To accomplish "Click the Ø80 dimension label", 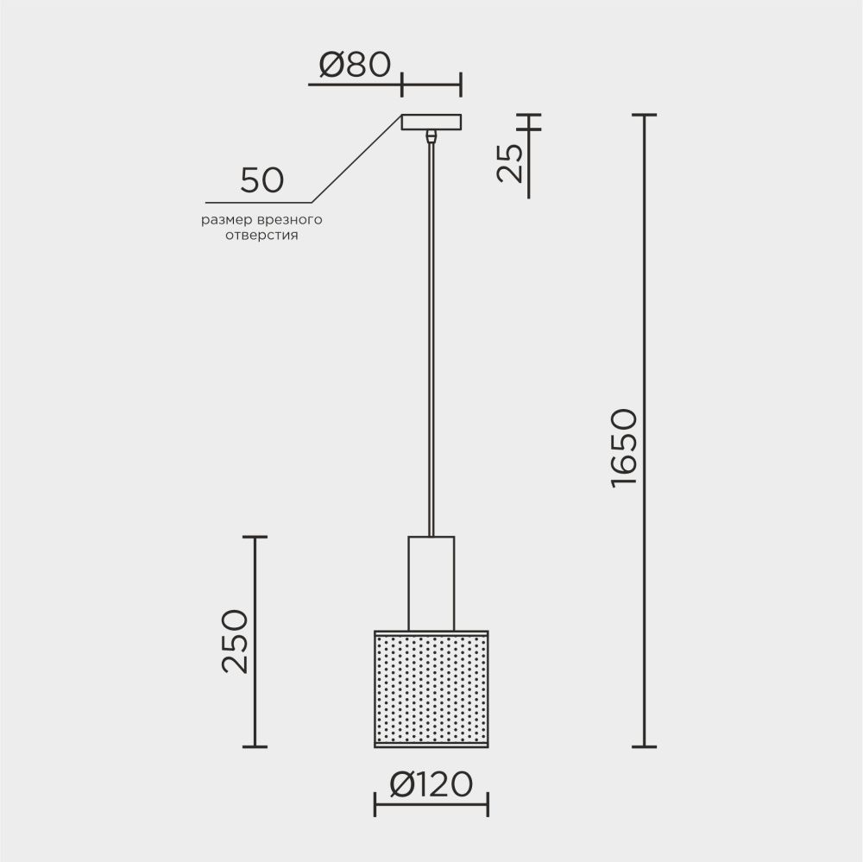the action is click(355, 65).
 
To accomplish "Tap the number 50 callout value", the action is click(262, 180).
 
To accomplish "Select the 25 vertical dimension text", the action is click(509, 162).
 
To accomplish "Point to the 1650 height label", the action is click(624, 448).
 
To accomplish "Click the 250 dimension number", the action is click(235, 641).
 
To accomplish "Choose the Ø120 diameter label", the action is click(431, 783).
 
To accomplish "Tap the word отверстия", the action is click(262, 236).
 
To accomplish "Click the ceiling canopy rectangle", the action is click(431, 123).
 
